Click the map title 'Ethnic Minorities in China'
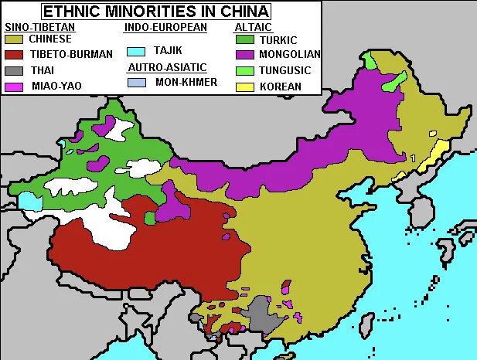tap(155, 11)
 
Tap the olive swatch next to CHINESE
tap(14, 39)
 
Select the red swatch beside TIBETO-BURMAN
tap(14, 54)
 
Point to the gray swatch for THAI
tap(14, 70)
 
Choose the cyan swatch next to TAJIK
tap(136, 51)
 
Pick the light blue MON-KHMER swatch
tap(136, 82)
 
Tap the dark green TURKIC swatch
tap(244, 39)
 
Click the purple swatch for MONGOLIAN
tap(244, 55)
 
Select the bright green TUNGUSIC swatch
tap(244, 70)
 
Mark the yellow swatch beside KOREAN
tap(244, 86)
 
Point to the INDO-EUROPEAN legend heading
tap(165, 27)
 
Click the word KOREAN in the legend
tap(281, 87)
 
